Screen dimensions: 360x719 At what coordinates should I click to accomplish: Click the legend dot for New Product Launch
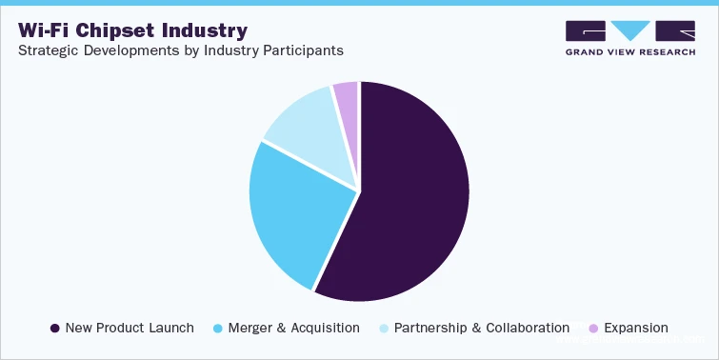[54, 328]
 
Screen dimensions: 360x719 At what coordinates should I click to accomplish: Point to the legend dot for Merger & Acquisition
[219, 328]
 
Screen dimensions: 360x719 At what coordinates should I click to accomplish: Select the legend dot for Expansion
[591, 328]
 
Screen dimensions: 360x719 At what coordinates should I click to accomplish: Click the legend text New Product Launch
[130, 328]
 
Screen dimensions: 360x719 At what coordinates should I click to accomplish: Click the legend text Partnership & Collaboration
[481, 328]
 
